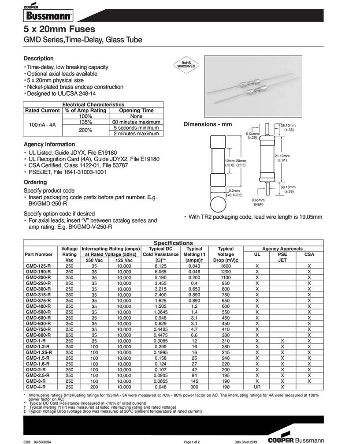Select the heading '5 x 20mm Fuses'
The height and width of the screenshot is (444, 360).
point(59,30)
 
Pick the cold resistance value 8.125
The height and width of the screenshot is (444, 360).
point(160,266)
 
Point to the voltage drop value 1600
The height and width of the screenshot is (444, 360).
point(226,266)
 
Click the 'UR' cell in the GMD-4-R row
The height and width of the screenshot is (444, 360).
point(257,387)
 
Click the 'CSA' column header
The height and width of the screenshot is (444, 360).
point(309,254)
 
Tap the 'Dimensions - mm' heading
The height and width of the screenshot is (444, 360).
point(208,124)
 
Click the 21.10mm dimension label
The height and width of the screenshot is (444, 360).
point(282,158)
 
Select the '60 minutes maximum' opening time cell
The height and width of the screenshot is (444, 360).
point(136,122)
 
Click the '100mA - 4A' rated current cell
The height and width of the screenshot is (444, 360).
point(42,125)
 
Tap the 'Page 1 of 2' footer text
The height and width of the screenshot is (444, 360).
point(192,441)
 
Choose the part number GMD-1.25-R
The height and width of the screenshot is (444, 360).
point(39,352)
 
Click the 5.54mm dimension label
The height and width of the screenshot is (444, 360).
point(252,135)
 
